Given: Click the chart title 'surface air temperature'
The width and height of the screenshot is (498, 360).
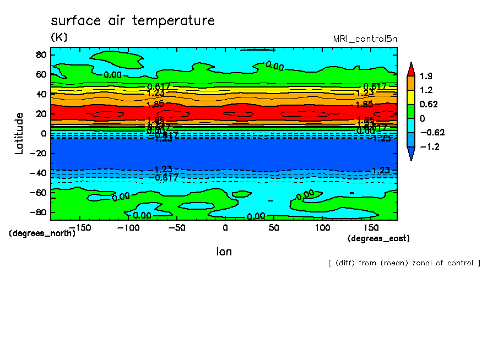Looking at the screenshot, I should click(132, 21).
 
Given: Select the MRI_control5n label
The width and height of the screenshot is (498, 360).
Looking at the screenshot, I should click(365, 39).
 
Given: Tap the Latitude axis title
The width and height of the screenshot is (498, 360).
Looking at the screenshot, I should click(19, 133).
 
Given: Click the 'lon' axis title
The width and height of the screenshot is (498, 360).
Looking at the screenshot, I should click(224, 252).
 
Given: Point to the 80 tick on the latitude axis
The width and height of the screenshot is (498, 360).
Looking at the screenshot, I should click(40, 54).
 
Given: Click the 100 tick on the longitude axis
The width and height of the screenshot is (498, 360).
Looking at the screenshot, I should click(322, 228).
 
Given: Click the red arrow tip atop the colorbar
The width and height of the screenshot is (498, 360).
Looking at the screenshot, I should click(410, 69).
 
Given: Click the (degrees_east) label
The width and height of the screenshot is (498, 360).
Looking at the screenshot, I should click(378, 238).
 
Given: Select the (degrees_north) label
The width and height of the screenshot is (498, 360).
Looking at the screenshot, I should click(42, 233).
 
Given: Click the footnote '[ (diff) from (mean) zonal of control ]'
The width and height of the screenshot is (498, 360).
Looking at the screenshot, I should click(404, 263).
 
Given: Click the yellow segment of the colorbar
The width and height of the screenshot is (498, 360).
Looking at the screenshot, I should click(410, 97).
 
